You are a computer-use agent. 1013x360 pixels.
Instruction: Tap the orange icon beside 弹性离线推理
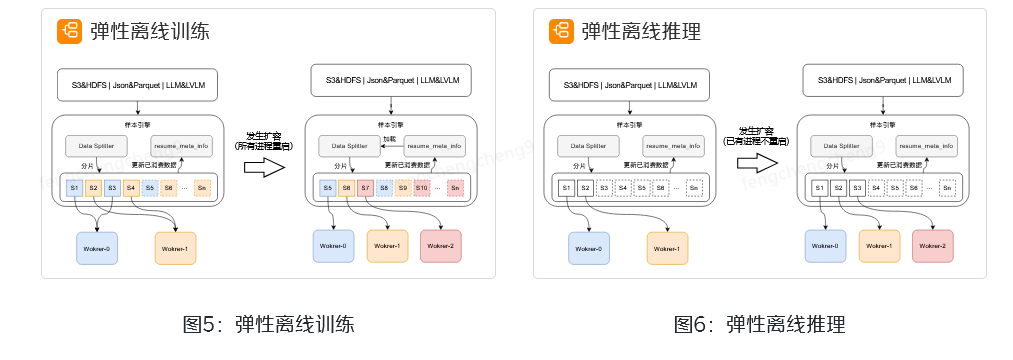(561, 31)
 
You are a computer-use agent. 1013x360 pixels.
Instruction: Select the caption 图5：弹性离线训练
(268, 324)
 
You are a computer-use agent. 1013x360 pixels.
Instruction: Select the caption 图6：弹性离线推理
(759, 324)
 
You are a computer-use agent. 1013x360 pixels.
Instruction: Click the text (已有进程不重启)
(756, 142)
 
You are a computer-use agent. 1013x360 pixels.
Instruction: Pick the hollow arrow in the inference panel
(756, 164)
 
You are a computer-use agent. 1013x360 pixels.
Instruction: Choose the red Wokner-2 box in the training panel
(441, 246)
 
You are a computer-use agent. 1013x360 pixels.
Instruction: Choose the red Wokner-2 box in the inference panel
(933, 246)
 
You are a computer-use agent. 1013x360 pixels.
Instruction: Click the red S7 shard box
(365, 187)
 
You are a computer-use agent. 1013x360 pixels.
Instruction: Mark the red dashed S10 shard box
(421, 187)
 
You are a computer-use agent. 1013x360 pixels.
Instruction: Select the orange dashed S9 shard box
(402, 187)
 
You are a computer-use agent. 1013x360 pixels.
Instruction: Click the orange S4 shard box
(131, 187)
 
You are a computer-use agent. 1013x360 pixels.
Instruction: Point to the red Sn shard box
(455, 187)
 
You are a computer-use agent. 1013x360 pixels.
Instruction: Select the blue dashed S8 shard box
(384, 187)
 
